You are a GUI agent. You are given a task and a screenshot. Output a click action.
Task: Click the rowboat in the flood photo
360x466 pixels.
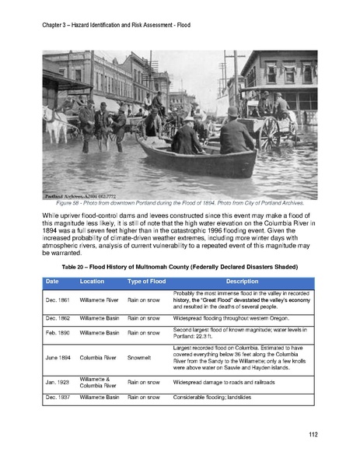[x=198, y=159]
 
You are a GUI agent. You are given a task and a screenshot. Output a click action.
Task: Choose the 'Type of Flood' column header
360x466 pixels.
[x=149, y=281]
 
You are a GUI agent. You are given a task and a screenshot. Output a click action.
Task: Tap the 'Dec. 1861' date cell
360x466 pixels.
[x=57, y=299]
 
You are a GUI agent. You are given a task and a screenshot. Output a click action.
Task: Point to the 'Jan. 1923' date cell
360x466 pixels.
[x=57, y=382]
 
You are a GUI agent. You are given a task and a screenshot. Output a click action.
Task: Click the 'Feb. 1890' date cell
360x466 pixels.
[x=57, y=332]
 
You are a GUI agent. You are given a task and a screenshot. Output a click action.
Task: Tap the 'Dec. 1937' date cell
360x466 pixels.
[x=57, y=398]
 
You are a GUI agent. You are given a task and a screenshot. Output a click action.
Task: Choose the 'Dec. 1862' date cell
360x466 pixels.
[x=57, y=317]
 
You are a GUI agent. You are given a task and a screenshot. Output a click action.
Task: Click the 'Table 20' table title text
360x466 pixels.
[x=180, y=266]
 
